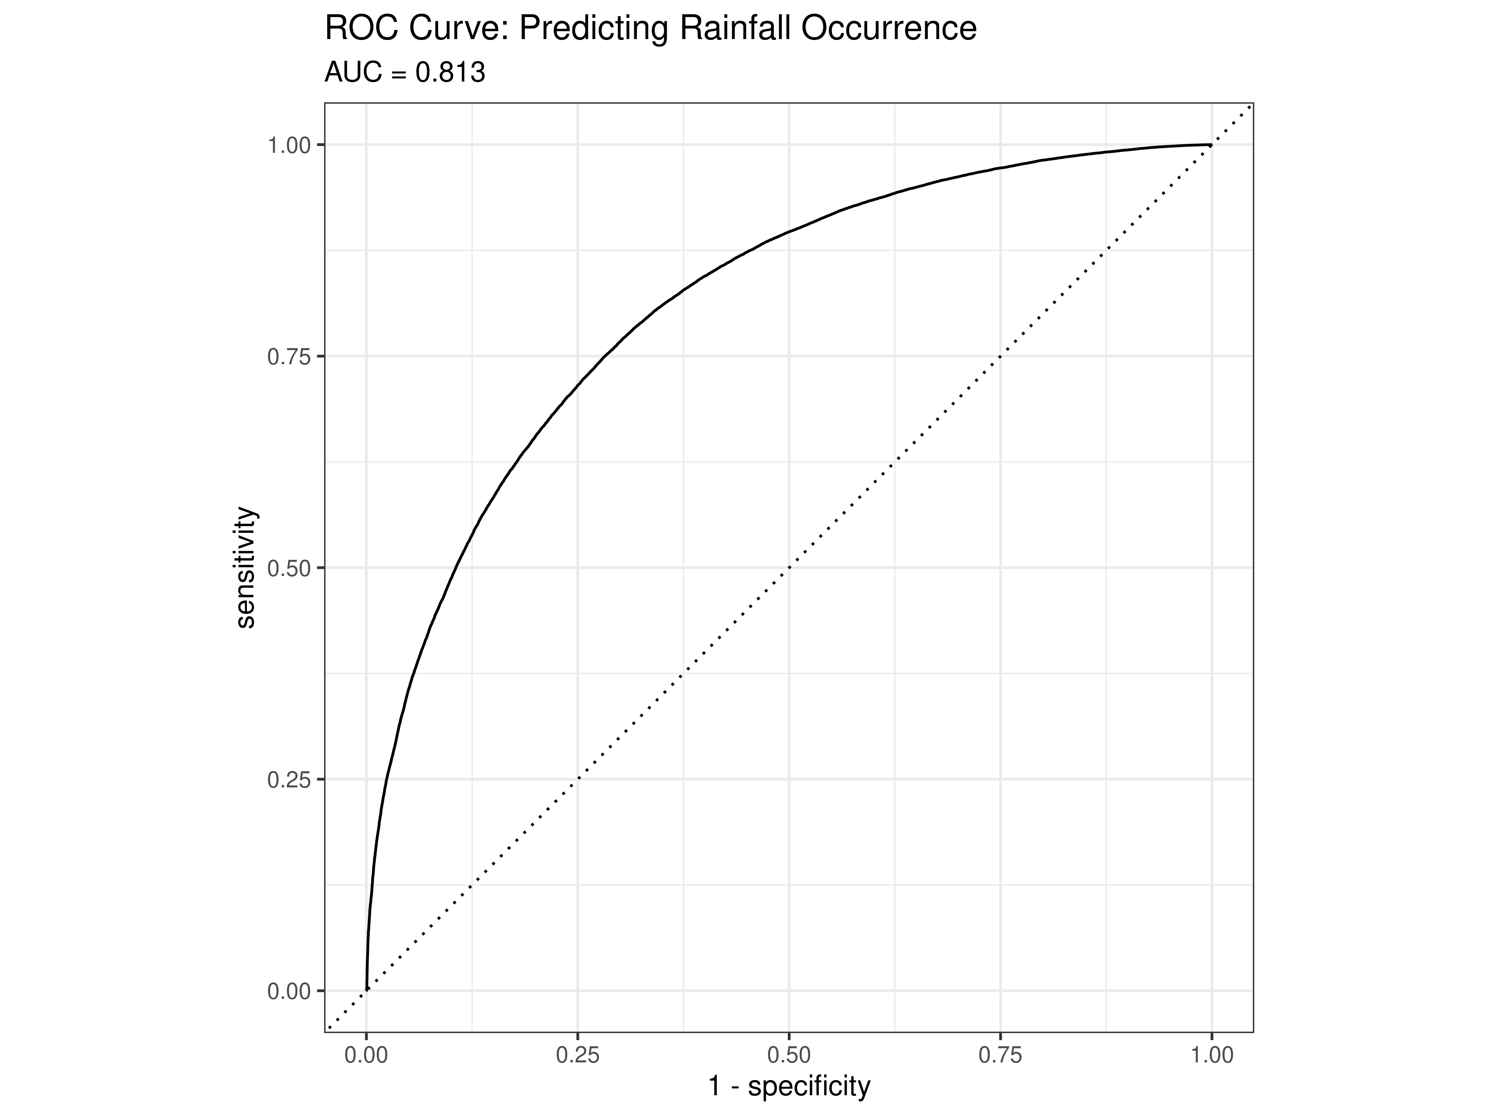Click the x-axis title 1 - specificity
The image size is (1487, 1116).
[x=789, y=1086]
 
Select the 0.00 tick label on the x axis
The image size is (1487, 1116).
[x=366, y=1055]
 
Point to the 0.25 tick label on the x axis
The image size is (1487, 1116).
[x=577, y=1055]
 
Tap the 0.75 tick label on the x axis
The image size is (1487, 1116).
[x=1000, y=1055]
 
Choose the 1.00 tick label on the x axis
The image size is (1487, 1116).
[x=1211, y=1055]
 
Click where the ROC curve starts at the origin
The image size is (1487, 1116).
[x=366, y=990]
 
